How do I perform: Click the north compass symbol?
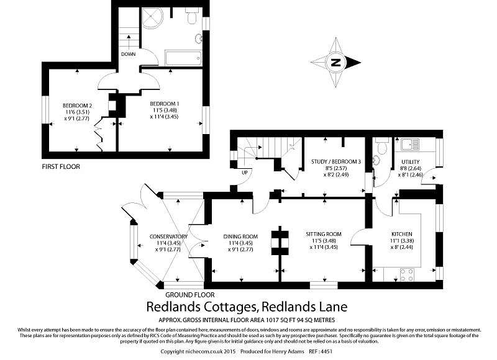pos(335,62)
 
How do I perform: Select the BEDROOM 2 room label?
pos(78,105)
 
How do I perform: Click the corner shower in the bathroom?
pos(152,17)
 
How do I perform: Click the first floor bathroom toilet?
pos(191,17)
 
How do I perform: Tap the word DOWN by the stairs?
pos(129,54)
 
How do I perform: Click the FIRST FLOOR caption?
pos(61,166)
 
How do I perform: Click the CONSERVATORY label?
pos(168,236)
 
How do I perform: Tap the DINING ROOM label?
pos(240,236)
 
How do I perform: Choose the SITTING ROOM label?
pos(324,234)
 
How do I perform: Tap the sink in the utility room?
pos(409,145)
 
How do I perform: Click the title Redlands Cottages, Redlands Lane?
pos(247,307)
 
